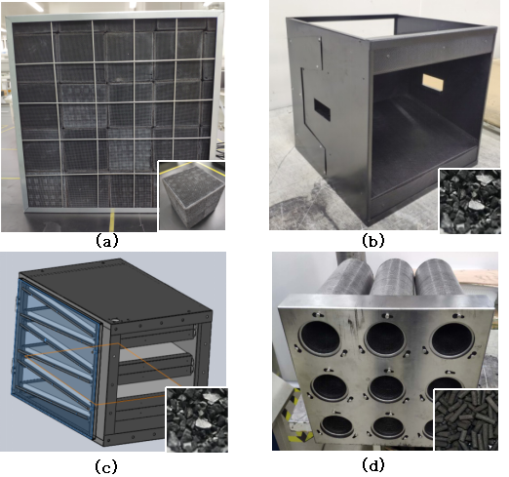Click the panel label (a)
point(106,241)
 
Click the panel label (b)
point(373,241)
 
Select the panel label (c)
point(106,466)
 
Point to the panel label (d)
point(373,465)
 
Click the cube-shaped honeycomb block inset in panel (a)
point(191,195)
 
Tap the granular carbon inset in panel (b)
point(470,201)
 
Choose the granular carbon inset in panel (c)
point(197,419)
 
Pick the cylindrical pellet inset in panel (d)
point(466,419)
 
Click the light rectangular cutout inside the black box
point(433,83)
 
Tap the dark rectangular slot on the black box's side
point(322,110)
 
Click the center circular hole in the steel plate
point(386,388)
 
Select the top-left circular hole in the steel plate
point(321,338)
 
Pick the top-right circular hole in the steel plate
point(452,340)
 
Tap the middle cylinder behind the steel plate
point(394,276)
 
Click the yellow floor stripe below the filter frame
point(112,220)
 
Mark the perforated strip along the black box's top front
point(431,55)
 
